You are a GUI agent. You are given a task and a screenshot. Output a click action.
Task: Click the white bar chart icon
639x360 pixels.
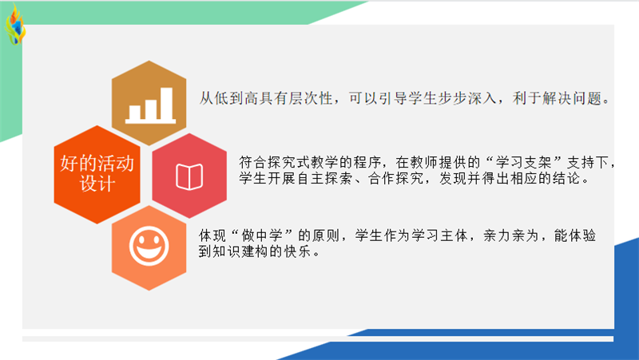point(150,105)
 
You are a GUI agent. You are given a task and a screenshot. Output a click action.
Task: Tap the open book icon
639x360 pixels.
point(189,176)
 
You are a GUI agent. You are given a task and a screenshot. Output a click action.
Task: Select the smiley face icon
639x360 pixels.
point(149,246)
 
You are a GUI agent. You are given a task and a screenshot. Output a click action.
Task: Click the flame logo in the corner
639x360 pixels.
point(15,25)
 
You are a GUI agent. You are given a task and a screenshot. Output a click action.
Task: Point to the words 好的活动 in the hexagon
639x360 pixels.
point(97,164)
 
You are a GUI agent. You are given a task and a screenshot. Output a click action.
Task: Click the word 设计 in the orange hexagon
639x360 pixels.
point(97,184)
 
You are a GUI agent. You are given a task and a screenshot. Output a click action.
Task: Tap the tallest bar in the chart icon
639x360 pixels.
point(166,104)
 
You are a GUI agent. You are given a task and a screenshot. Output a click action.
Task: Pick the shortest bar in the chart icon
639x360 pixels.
point(135,113)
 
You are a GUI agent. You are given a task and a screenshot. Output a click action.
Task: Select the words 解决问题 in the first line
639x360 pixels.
point(571,98)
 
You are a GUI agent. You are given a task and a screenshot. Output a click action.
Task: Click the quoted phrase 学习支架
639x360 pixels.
point(524,163)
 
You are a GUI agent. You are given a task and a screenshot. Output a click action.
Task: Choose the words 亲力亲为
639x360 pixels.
point(511,235)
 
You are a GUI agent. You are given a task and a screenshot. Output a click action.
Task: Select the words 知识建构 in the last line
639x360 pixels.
point(241,251)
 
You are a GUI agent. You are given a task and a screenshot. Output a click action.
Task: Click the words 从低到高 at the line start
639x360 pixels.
point(228,98)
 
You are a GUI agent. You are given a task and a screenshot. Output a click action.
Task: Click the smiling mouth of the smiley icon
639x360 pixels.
point(149,252)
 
